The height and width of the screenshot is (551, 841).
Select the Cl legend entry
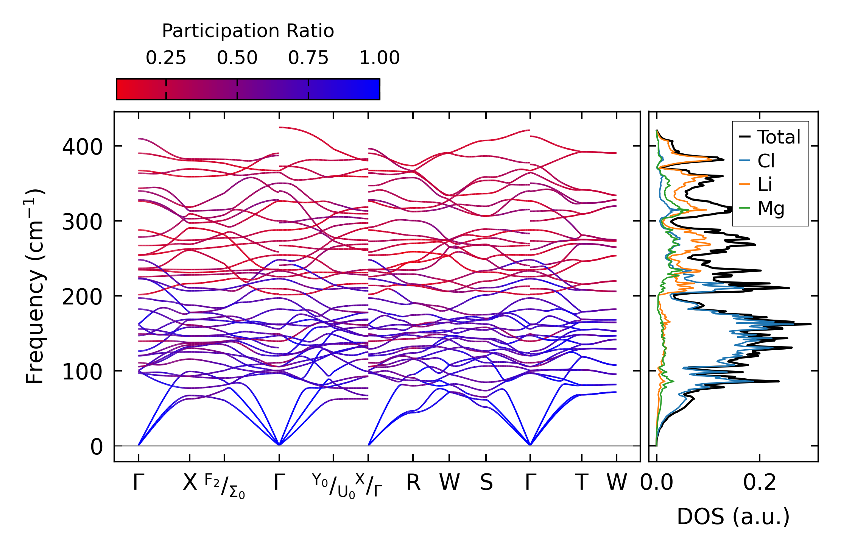(x=766, y=161)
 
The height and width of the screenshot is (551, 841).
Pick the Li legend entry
(x=765, y=184)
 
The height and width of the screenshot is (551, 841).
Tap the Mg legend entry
(x=771, y=208)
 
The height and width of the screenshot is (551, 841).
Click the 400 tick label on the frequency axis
(x=82, y=147)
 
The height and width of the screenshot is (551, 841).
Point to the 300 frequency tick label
(x=82, y=222)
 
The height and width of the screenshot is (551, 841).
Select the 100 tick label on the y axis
(x=82, y=372)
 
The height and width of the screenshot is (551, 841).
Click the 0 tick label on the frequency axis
(x=96, y=447)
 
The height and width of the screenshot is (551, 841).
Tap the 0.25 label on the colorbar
(x=166, y=58)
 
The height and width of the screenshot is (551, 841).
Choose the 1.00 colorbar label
(x=379, y=58)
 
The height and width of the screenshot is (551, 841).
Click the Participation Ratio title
(x=248, y=31)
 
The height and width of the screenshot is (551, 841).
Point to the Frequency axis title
(x=35, y=286)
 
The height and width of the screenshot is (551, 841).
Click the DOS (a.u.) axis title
(x=733, y=517)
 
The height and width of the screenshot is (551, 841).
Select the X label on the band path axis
(x=190, y=483)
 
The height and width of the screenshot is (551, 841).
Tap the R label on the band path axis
(x=413, y=483)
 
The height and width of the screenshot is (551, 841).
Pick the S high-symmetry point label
(x=486, y=483)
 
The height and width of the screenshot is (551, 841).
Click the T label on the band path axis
(x=582, y=483)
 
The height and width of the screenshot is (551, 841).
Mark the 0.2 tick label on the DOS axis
(x=759, y=483)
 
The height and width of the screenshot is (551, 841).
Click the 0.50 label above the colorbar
(x=237, y=58)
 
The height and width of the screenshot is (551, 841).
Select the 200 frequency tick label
(x=82, y=297)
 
